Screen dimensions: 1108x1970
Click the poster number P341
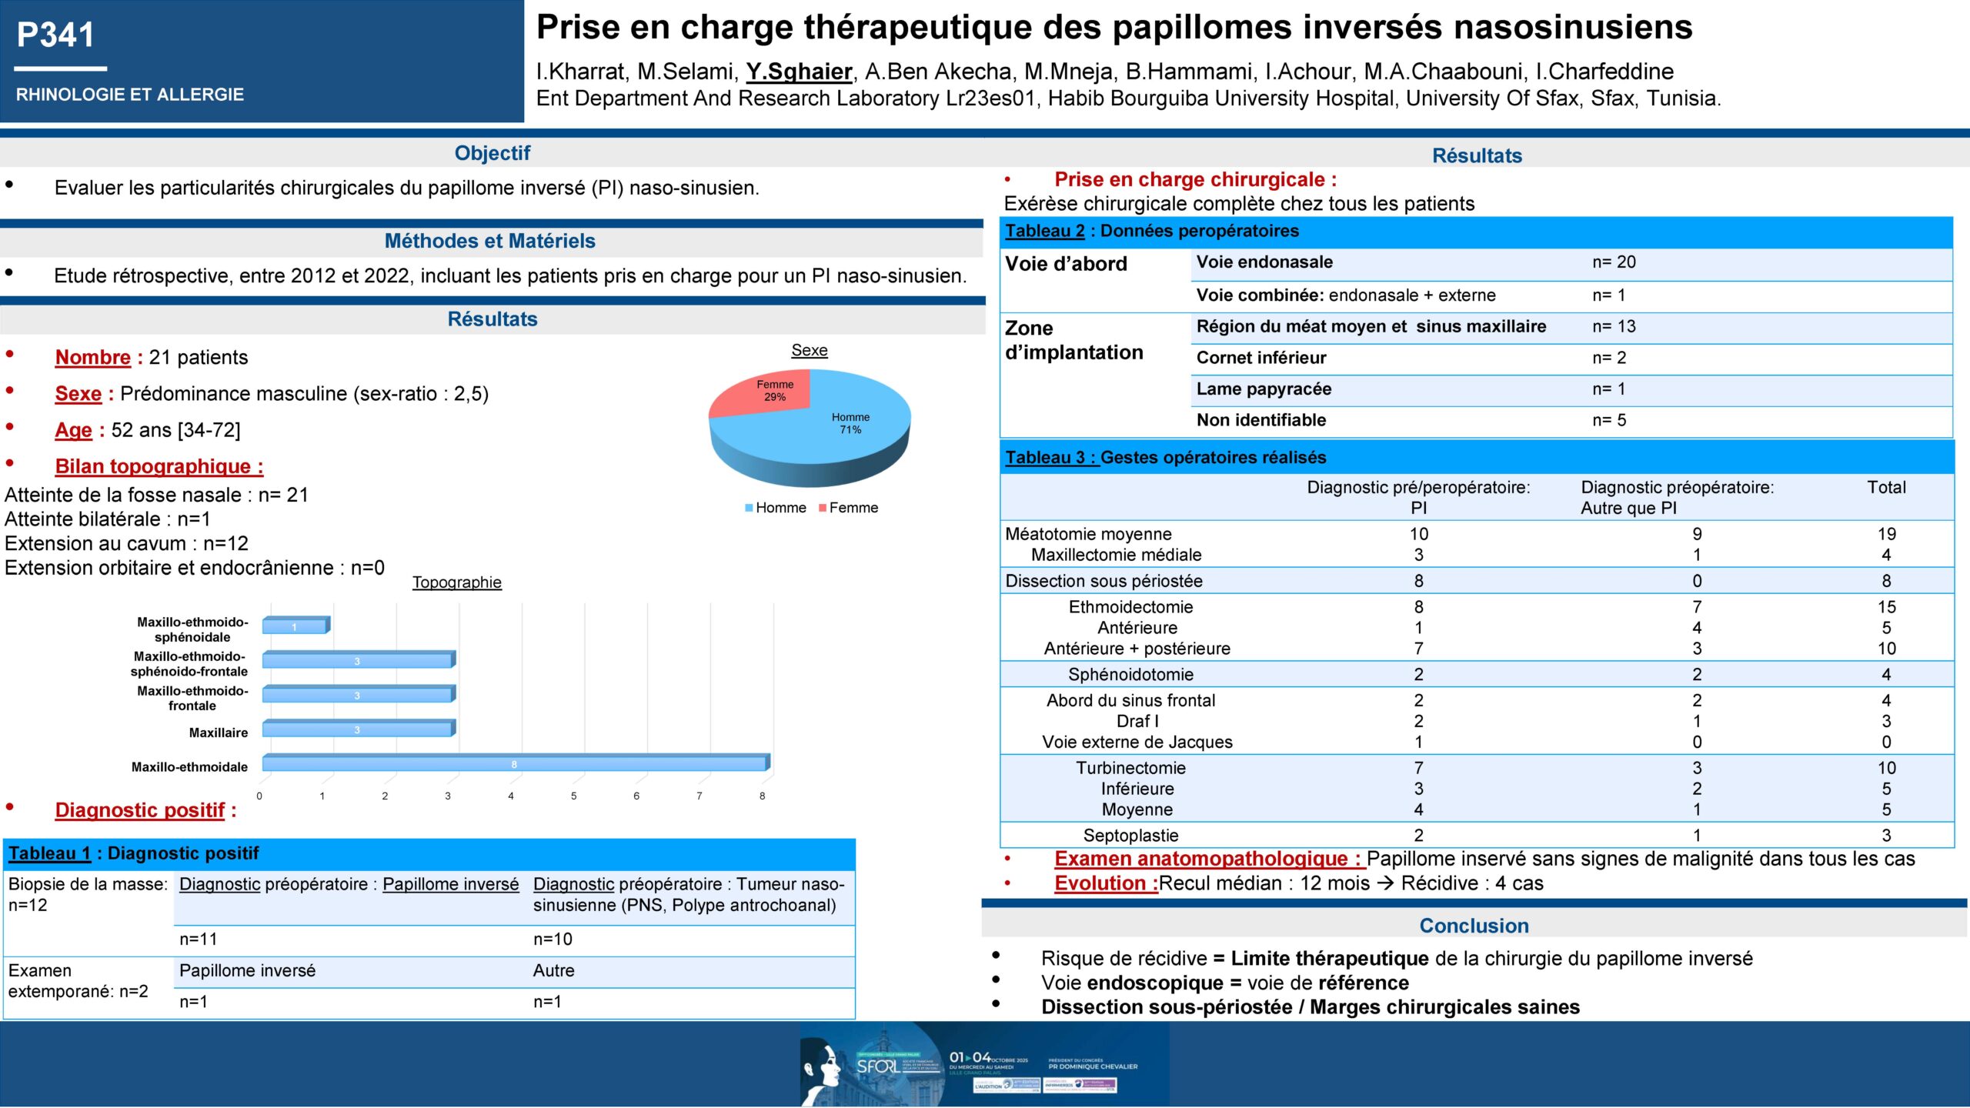click(55, 35)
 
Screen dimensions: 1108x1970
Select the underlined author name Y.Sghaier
click(799, 72)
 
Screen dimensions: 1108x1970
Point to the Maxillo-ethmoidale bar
click(514, 763)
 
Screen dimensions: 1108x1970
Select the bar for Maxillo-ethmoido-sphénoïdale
click(295, 626)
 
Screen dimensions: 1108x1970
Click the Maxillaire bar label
click(219, 733)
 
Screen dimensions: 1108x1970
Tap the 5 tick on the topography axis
click(573, 796)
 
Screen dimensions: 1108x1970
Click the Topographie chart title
click(456, 582)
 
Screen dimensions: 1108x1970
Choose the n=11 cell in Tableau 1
click(199, 939)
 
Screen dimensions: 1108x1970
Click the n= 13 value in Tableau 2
click(1614, 326)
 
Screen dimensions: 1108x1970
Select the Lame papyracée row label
click(1264, 389)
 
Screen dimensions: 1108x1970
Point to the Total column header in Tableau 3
click(1886, 488)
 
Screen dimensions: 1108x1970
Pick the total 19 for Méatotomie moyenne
click(1886, 534)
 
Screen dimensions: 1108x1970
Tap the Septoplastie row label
click(1130, 836)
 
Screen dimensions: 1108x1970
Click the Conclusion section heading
click(1474, 926)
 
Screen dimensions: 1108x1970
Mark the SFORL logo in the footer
click(877, 1066)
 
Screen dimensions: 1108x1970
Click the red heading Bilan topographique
click(159, 466)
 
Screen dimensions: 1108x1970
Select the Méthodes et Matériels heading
click(489, 241)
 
